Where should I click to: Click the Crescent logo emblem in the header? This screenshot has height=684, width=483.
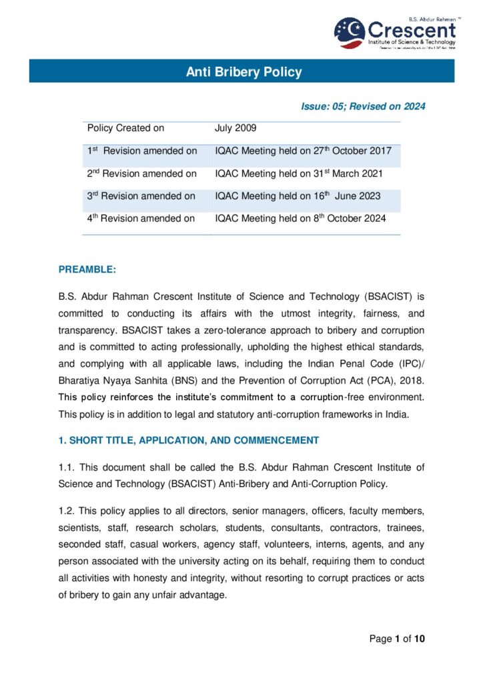click(349, 32)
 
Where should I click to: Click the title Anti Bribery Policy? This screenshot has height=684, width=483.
click(244, 71)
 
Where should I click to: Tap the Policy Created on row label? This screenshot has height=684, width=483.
click(125, 128)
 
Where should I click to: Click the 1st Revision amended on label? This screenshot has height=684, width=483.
click(141, 151)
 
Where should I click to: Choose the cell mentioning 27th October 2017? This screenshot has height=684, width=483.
click(303, 151)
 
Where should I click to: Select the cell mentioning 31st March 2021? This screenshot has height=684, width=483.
click(298, 174)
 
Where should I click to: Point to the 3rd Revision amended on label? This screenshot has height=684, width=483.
click(141, 196)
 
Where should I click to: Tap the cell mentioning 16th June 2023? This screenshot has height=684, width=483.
click(298, 196)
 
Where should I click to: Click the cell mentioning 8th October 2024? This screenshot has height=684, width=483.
click(300, 218)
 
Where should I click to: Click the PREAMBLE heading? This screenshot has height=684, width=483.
click(87, 269)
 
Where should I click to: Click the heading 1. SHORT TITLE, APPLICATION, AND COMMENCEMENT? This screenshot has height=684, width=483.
click(189, 440)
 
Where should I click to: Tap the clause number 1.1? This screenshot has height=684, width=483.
click(67, 467)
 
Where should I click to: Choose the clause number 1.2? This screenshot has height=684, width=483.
click(67, 511)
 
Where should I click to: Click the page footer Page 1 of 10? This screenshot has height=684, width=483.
click(397, 639)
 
